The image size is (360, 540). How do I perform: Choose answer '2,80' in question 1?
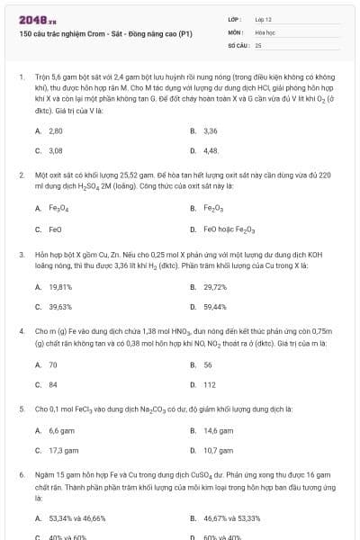point(56,130)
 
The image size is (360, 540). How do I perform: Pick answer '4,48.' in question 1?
point(211,150)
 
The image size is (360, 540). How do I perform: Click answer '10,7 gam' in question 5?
point(219,450)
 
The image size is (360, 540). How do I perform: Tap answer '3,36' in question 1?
point(211,130)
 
